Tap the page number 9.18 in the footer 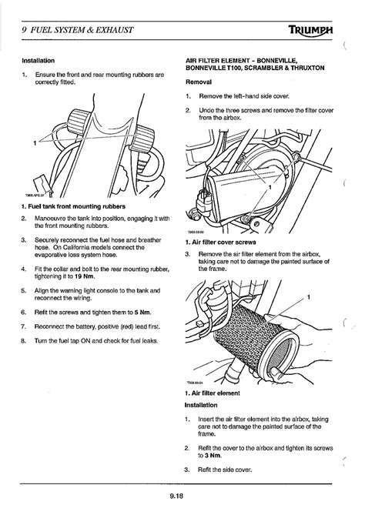(x=176, y=496)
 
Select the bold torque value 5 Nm (x=142, y=313)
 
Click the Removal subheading (x=199, y=82)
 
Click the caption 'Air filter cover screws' (x=224, y=242)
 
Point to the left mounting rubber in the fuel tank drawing (x=79, y=122)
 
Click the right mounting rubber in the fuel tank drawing (x=142, y=139)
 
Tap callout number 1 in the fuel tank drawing (x=35, y=143)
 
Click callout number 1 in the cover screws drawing (x=270, y=188)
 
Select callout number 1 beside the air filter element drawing (x=308, y=298)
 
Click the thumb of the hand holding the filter (x=279, y=374)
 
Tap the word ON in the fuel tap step (x=85, y=340)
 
